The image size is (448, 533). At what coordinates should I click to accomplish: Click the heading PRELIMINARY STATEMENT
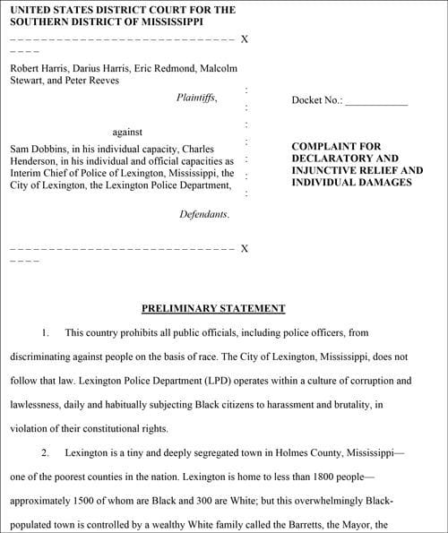pos(213,308)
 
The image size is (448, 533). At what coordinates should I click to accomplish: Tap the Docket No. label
pos(317,100)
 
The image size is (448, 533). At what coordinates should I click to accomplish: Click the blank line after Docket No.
pos(376,102)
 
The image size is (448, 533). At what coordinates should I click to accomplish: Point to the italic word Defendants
pos(204,215)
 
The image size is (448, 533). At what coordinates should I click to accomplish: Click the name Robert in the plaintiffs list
pos(27,67)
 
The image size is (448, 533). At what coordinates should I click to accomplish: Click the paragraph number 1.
pos(46,332)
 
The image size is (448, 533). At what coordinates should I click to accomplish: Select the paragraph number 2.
pos(46,453)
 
